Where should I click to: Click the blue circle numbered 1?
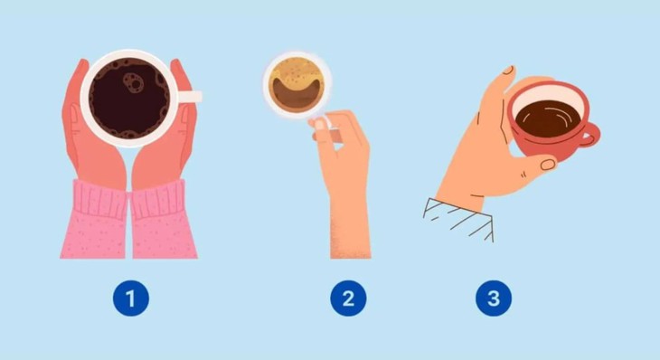tap(130, 298)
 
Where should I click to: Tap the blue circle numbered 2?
tap(348, 298)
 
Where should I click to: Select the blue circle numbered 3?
tap(493, 298)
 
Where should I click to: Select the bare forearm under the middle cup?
tap(350, 222)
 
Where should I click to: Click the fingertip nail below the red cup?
tap(548, 164)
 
